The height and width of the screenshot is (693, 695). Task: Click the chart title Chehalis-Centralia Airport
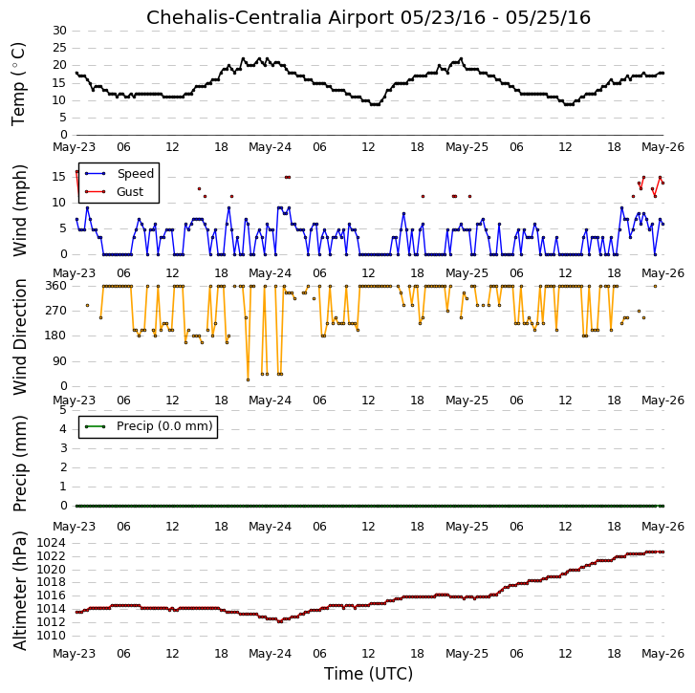tap(271, 18)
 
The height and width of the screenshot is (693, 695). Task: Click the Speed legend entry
tap(136, 174)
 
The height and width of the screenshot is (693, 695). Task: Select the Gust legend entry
tap(130, 192)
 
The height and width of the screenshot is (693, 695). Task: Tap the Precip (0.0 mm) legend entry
tap(164, 426)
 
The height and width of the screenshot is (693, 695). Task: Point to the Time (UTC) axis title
tap(368, 674)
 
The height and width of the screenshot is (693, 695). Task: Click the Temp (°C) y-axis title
tap(18, 84)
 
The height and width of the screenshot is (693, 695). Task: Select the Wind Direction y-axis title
tap(19, 336)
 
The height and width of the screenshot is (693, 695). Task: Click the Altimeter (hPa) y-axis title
tap(19, 591)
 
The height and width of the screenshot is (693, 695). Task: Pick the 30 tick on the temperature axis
tap(59, 31)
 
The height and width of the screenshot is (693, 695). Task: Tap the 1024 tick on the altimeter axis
tap(51, 543)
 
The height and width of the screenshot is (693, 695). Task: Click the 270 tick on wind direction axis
tap(55, 311)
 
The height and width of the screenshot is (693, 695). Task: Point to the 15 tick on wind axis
tap(59, 177)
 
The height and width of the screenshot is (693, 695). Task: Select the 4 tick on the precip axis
tap(63, 429)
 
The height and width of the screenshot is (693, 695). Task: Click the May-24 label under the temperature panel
tap(270, 147)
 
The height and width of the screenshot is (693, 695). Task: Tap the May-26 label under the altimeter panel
tap(663, 654)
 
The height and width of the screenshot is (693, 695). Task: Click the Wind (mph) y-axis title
tap(19, 210)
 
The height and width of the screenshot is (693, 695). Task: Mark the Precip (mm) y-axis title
tap(19, 464)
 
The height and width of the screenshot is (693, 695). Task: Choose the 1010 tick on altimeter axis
tap(51, 636)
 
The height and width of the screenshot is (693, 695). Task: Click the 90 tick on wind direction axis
tap(59, 361)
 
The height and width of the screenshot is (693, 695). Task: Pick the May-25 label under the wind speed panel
tap(467, 273)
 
